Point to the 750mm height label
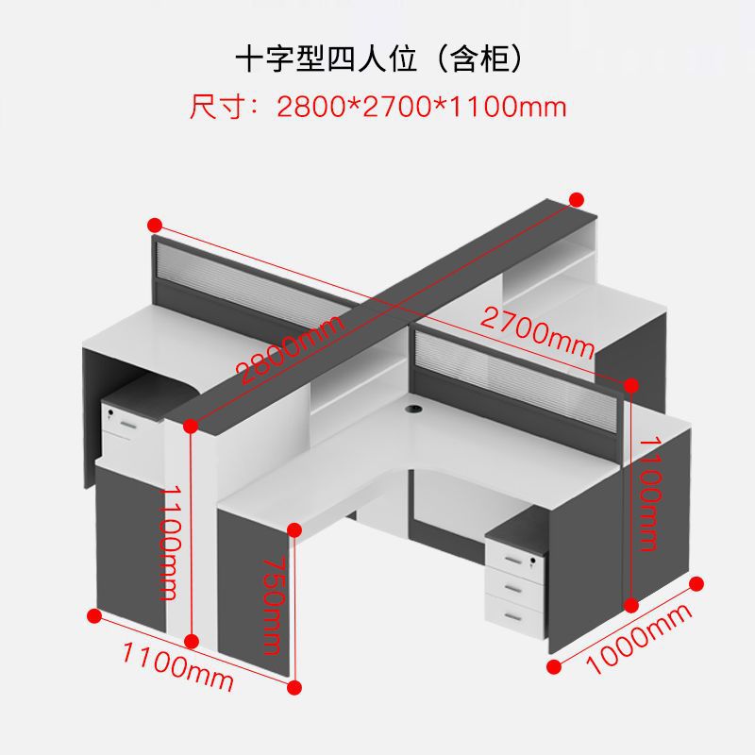(x=273, y=604)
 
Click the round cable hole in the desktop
(x=412, y=410)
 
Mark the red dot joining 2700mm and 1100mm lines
(x=631, y=384)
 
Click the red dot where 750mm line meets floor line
(x=295, y=687)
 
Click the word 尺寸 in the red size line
(x=210, y=106)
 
